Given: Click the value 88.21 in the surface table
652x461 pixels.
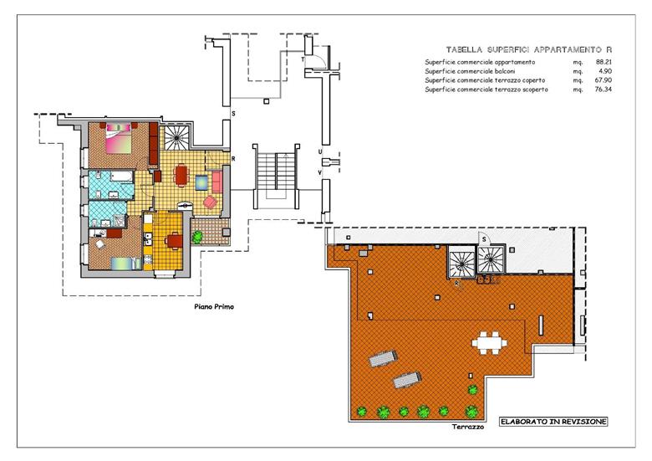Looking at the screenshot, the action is pos(604,62).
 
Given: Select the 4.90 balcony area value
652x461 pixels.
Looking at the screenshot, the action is pos(605,71).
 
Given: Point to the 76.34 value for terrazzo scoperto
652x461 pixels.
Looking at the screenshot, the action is pos(604,89).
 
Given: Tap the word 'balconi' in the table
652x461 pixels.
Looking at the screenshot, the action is pos(503,71).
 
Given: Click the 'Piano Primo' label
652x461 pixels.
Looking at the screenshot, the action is pos(214,307).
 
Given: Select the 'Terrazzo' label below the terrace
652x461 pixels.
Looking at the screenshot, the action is pos(468,427).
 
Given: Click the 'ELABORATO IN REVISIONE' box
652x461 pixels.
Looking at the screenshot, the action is pos(553,422).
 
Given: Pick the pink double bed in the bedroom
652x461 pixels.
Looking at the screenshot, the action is pos(120,138).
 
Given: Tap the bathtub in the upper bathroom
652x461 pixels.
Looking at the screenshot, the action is pos(121,177).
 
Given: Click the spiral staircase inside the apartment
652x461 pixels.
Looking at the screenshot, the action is pos(176,136).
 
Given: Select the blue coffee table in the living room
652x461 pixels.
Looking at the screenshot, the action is pos(202,182).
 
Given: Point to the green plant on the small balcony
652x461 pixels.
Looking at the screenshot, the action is pos(197,236).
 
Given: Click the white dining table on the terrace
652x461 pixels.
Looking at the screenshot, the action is pos(489,343).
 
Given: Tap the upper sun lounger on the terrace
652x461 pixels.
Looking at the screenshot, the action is pos(383,358).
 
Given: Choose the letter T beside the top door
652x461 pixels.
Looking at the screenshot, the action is pos(303,60).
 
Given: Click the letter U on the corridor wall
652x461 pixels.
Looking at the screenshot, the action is pos(320,152).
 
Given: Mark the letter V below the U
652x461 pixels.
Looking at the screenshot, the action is pos(320,172).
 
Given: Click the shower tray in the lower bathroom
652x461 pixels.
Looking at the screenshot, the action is pos(119,221).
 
